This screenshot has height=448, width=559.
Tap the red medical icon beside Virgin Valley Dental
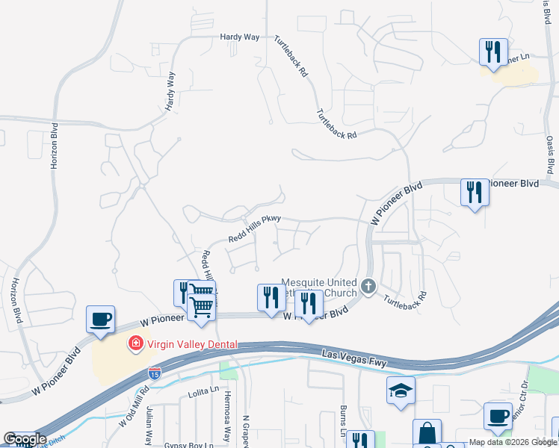coord(136,344)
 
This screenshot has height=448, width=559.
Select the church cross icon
coord(368,286)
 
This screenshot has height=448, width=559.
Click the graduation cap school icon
coord(401,391)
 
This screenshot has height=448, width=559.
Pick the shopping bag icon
coord(427,432)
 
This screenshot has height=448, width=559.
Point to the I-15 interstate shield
coord(155,372)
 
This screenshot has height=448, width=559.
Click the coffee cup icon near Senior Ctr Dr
coord(498,416)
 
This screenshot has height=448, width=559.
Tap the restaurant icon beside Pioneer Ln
coord(493,52)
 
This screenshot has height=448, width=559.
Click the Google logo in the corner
coord(25,439)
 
